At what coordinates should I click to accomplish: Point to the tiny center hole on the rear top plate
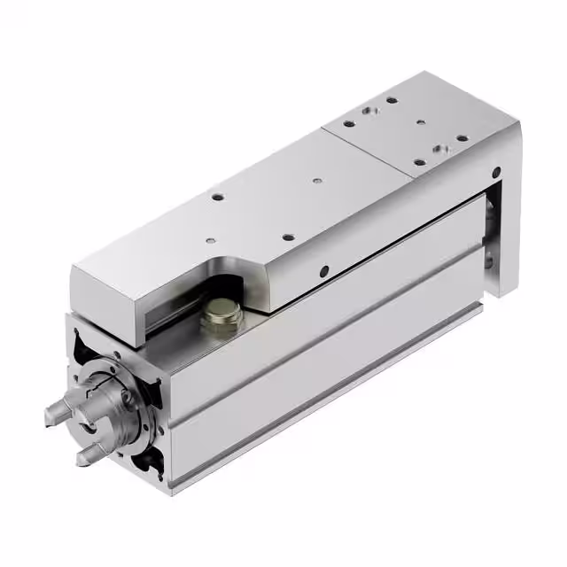[419, 122]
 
